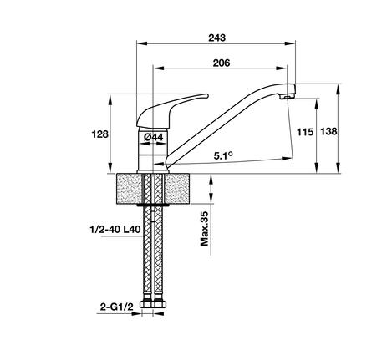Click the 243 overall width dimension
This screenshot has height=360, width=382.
tap(220, 38)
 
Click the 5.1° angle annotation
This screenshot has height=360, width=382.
tap(222, 155)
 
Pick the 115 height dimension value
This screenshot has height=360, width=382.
tap(304, 132)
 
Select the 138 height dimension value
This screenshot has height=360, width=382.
tap(351, 132)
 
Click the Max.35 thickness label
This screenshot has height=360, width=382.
tap(205, 229)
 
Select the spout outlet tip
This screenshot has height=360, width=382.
tap(288, 94)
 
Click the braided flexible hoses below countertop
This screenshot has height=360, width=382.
tap(155, 251)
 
